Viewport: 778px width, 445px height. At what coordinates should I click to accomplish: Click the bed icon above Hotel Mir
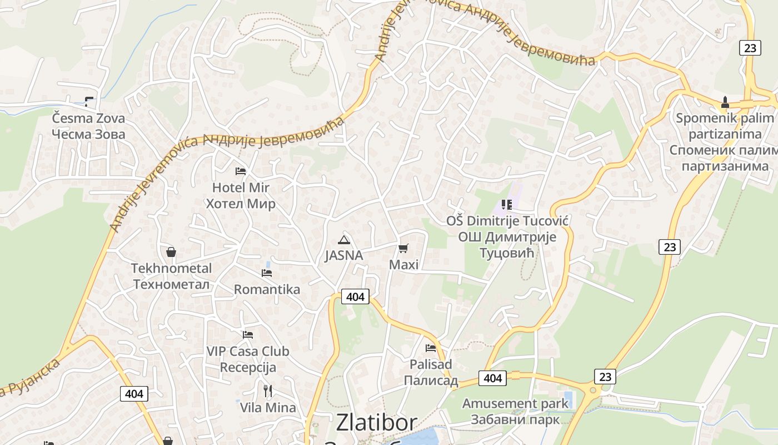click(x=241, y=171)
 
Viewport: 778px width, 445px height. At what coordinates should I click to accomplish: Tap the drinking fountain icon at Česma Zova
click(x=89, y=101)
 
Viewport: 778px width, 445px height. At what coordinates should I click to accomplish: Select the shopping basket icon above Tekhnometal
click(x=171, y=252)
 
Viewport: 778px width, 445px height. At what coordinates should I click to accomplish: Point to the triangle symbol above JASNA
click(x=344, y=240)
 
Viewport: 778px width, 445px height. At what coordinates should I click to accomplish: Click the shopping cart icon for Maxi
click(x=403, y=248)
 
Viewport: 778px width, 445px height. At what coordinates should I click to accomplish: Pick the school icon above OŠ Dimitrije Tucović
click(x=506, y=205)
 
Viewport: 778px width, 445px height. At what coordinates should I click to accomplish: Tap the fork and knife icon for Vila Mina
click(x=268, y=390)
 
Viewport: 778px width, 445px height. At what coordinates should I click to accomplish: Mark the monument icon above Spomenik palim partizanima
click(x=725, y=102)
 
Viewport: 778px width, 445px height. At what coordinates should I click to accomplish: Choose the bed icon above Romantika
click(x=267, y=273)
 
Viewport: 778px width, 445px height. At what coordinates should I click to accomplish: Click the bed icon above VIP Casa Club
click(x=248, y=334)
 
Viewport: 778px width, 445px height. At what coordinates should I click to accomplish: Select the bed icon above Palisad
click(x=431, y=348)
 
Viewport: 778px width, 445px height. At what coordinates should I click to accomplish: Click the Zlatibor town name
click(x=376, y=423)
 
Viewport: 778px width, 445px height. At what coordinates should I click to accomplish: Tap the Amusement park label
click(x=515, y=403)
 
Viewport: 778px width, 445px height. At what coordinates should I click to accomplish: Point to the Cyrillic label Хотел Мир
click(x=241, y=204)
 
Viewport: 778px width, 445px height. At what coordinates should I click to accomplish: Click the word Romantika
click(x=267, y=289)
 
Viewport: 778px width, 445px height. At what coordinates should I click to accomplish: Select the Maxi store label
click(x=404, y=264)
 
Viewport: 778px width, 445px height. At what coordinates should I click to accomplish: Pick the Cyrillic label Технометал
click(x=171, y=284)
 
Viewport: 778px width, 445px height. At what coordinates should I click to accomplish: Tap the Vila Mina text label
click(x=268, y=407)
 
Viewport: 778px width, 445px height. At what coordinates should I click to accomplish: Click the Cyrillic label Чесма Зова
click(x=89, y=134)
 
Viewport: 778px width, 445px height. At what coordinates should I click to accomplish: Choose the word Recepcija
click(x=248, y=367)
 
